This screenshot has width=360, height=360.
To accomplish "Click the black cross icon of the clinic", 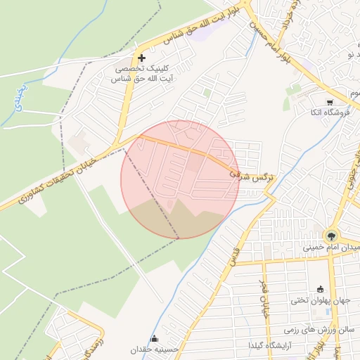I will tap(142, 58).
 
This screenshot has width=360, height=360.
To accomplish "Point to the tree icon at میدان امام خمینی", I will tap(330, 235).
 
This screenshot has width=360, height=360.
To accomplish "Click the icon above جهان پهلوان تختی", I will tap(321, 288).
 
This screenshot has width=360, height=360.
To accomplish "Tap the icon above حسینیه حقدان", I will tap(155, 338).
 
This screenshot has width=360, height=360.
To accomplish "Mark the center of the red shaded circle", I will tap(180, 179).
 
